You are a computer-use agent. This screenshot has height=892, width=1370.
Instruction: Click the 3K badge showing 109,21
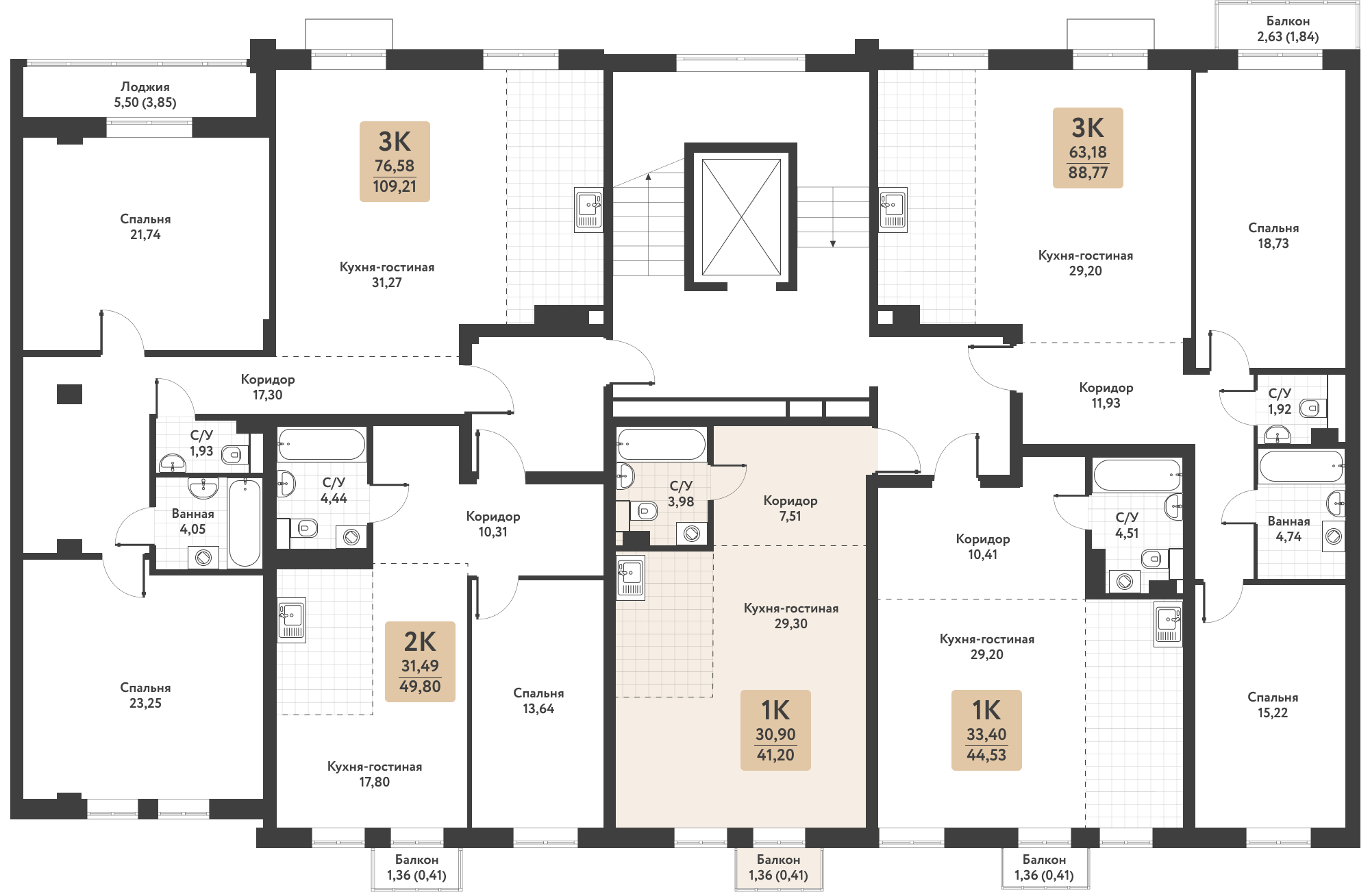pos(395,162)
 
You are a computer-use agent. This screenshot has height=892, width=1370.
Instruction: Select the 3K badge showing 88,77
pos(1088,148)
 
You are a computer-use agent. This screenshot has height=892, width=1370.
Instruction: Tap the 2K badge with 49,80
pos(420,662)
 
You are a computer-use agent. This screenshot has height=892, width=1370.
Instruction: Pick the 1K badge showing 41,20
pos(775,730)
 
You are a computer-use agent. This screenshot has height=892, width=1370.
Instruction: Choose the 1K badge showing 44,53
pos(986,730)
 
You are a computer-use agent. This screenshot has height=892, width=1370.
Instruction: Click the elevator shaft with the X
pos(741,217)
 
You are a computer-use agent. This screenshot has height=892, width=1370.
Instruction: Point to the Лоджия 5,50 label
pos(145,95)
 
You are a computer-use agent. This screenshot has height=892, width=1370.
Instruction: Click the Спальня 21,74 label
pos(145,227)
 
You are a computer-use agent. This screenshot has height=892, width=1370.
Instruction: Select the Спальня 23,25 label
pos(145,695)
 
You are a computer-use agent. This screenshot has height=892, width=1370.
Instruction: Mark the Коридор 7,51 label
pos(790,508)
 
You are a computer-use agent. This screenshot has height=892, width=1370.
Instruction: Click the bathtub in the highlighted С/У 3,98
pos(661,444)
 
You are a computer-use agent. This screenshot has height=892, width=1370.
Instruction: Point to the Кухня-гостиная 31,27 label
pos(387,275)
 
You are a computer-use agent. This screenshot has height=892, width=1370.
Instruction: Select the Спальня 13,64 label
pos(538,701)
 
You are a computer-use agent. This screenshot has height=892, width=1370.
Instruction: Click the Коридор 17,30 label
pos(268,387)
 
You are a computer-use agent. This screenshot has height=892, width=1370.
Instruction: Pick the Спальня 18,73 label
pos(1273,236)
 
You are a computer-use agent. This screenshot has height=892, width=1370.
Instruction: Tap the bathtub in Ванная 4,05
pos(245,523)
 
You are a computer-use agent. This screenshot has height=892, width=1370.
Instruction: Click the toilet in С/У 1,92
pos(1312,408)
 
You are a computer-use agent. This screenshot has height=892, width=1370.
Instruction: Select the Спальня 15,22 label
pos(1273,705)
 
